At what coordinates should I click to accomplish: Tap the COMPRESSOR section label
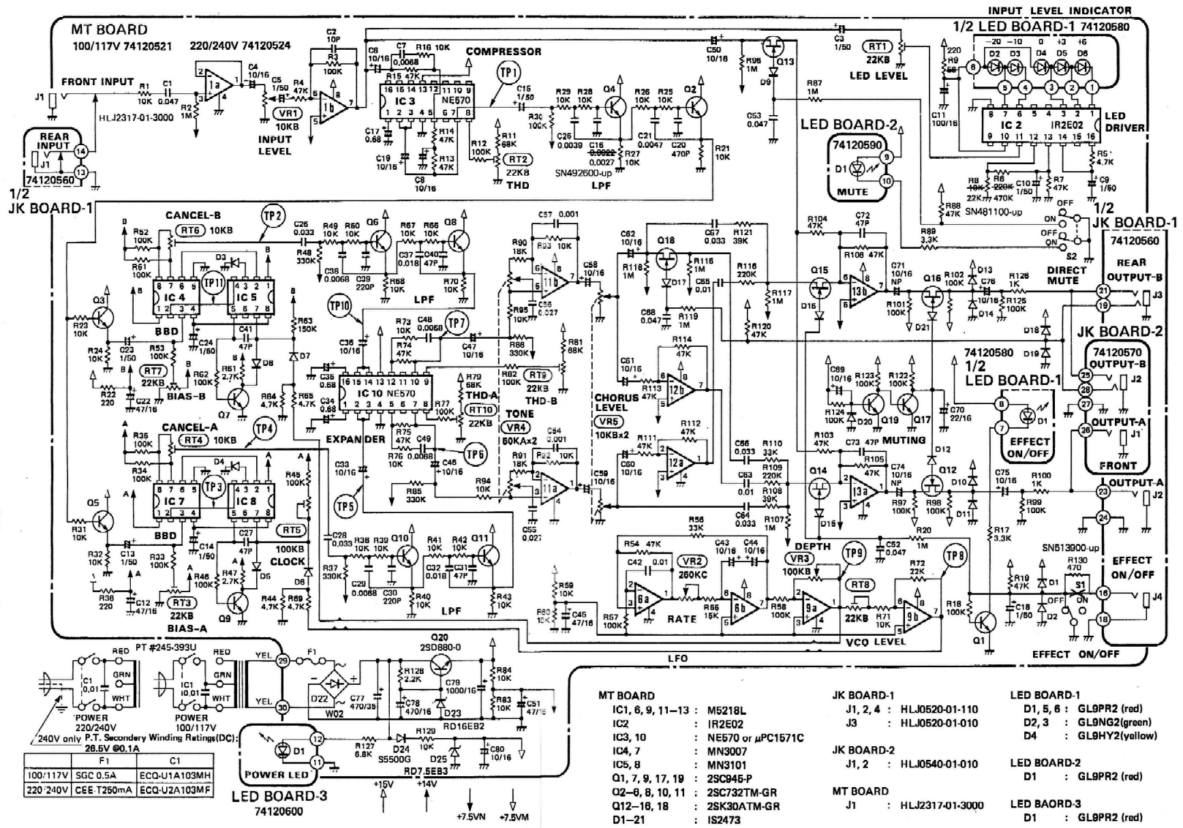[x=504, y=52]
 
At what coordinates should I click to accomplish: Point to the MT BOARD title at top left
[x=109, y=29]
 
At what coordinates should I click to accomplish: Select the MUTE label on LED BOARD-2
[x=852, y=192]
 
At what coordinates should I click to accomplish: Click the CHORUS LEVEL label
[x=616, y=402]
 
